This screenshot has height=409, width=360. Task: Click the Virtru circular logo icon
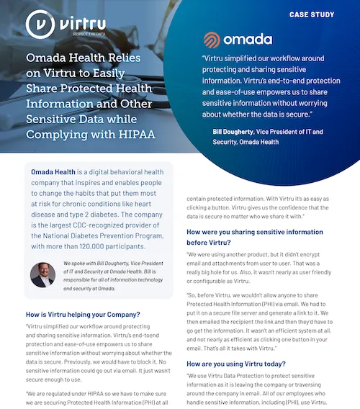click(x=39, y=24)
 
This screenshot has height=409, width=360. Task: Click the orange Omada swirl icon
click(x=214, y=40)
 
